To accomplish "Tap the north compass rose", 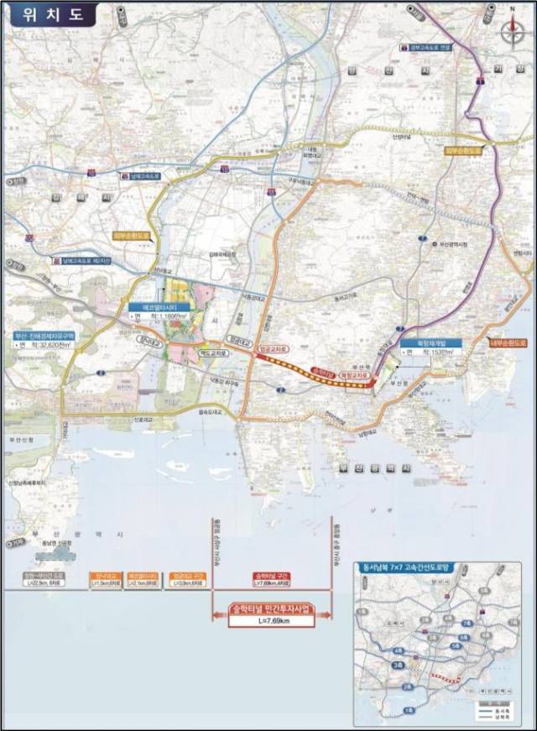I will pos(511,31).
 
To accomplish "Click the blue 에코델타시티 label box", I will pos(152,308).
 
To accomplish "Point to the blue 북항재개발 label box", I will pos(425,344).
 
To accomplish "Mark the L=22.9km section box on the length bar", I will pos(43,579).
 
